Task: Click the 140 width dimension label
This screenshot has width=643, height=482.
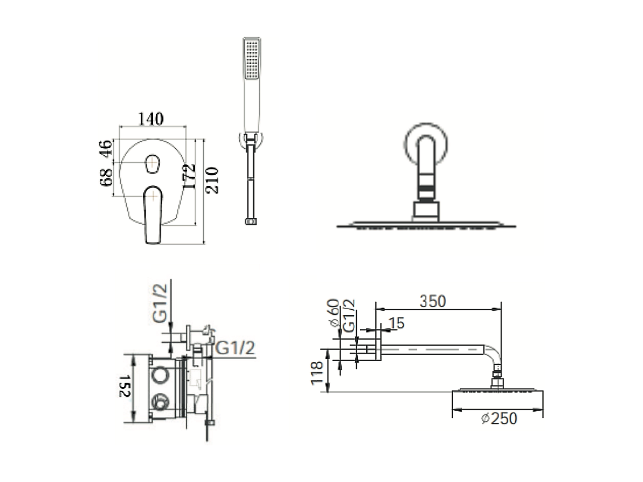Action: click(150, 119)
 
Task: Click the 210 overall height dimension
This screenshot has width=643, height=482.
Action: click(212, 180)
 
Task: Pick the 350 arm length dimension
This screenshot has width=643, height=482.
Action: click(432, 301)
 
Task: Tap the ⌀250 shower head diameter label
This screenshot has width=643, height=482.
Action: click(499, 418)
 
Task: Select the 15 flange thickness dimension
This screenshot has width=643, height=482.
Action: click(397, 323)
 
